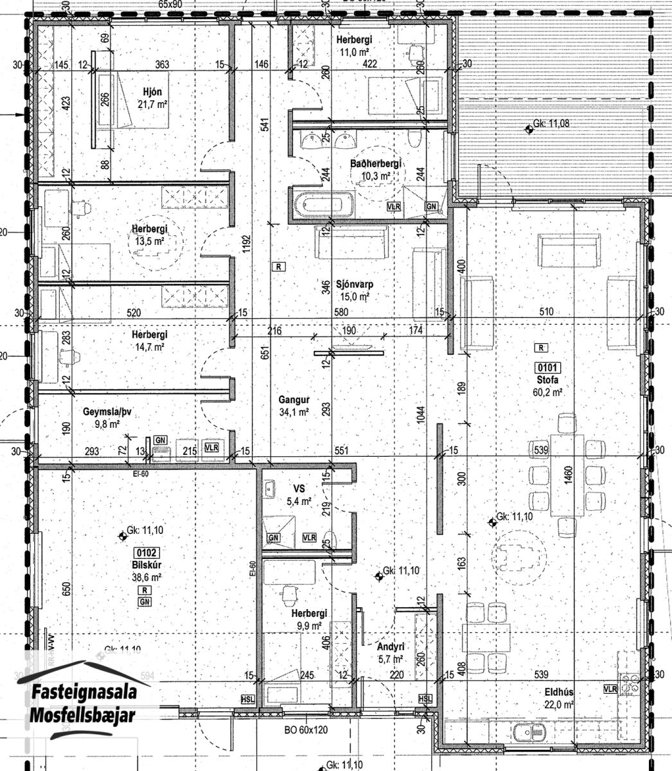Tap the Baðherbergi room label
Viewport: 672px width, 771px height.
click(x=375, y=164)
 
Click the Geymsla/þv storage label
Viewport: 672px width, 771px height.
click(x=105, y=412)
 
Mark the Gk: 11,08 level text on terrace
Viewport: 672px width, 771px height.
click(x=551, y=124)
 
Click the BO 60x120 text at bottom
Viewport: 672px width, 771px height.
click(x=306, y=731)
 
